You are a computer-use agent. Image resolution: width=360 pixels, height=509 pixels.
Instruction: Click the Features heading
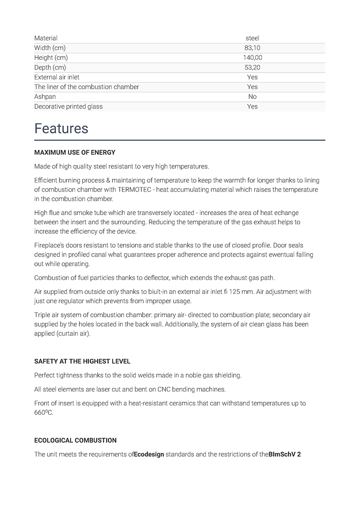[x=61, y=128]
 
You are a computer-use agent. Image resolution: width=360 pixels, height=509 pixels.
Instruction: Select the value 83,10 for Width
[x=252, y=48]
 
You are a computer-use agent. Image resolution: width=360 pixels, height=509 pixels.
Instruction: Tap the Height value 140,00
[x=252, y=58]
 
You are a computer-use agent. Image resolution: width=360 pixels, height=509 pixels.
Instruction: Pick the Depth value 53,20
[x=252, y=67]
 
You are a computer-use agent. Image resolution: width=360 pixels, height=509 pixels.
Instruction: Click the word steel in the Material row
[x=252, y=38]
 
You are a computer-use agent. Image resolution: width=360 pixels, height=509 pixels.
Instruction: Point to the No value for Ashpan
[x=252, y=97]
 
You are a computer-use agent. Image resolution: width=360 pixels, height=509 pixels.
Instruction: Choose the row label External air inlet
[x=57, y=77]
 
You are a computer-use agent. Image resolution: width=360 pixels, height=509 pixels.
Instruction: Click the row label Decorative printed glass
[x=68, y=106]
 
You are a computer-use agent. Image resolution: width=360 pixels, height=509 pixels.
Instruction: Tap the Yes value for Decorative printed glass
[x=252, y=106]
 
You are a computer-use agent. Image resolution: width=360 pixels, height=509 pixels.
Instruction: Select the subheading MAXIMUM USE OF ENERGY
[x=75, y=152]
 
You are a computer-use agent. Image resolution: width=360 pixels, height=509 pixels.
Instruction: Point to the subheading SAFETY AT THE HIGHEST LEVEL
[x=82, y=361]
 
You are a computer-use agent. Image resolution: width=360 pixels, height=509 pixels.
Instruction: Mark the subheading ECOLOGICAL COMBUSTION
[x=76, y=440]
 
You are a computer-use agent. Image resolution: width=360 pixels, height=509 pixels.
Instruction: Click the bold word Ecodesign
[x=149, y=454]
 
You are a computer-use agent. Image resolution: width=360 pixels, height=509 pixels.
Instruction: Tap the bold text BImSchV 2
[x=285, y=454]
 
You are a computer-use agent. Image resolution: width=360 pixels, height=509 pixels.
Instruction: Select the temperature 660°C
[x=44, y=413]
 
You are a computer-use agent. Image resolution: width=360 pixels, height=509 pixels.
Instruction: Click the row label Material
[x=46, y=38]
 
